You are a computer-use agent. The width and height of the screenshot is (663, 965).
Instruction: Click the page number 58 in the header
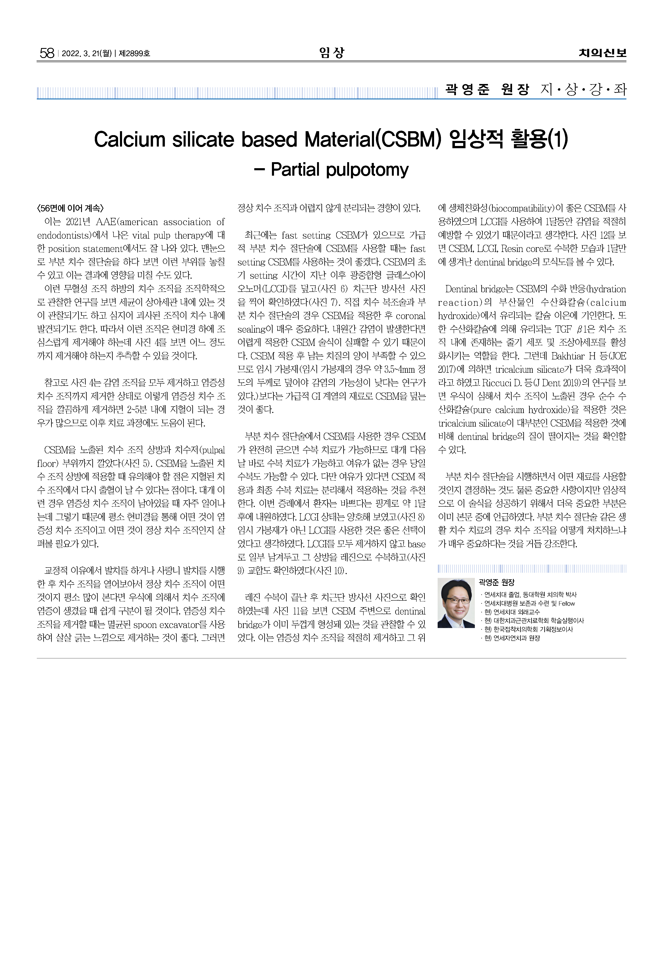(47, 53)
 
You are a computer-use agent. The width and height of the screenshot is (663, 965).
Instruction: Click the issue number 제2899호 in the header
(135, 54)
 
